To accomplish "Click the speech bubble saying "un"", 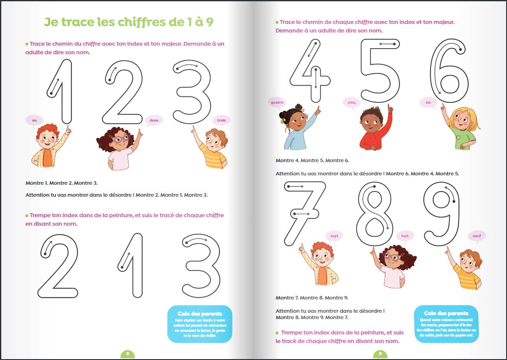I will pos(35,120).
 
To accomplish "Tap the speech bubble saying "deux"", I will pos(154,120).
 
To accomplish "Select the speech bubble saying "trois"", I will pos(221,120).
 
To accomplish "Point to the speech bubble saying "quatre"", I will pos(277,102).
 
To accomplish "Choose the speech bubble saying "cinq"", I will pos(351,102).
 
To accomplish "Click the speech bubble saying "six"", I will pos(428,102).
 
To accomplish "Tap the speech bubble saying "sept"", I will pos(334,235).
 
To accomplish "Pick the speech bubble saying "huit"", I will pos(405,235).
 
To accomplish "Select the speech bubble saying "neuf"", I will pos(477,235).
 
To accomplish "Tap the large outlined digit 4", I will pos(311,70).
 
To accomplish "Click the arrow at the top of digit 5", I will pos(387,44).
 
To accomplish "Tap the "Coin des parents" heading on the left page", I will pos(200,314).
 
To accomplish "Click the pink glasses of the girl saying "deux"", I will pos(121,138).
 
